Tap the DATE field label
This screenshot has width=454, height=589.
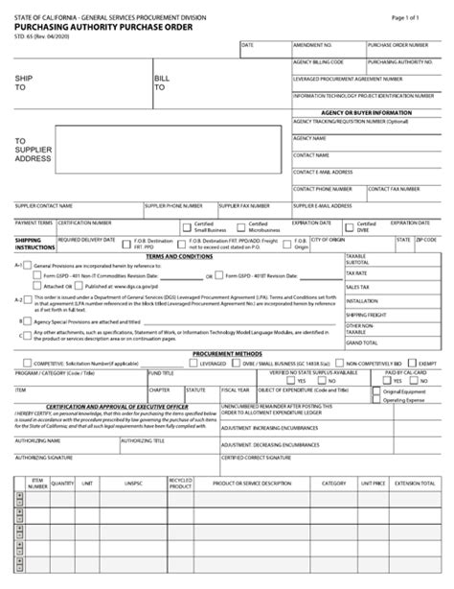pos(247,45)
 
